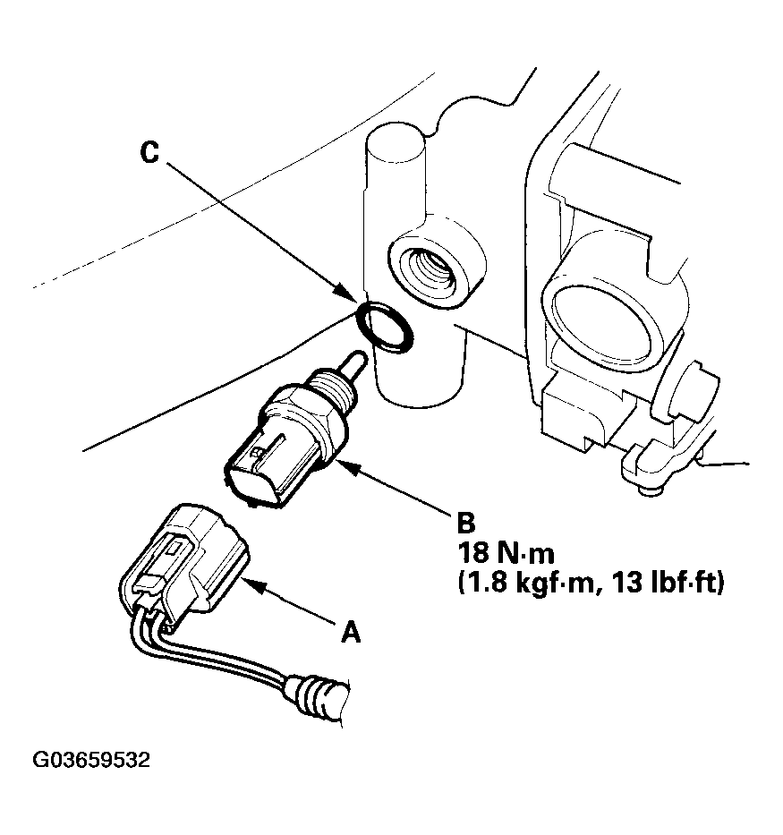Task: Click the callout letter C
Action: (x=149, y=153)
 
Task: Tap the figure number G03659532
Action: (x=92, y=761)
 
